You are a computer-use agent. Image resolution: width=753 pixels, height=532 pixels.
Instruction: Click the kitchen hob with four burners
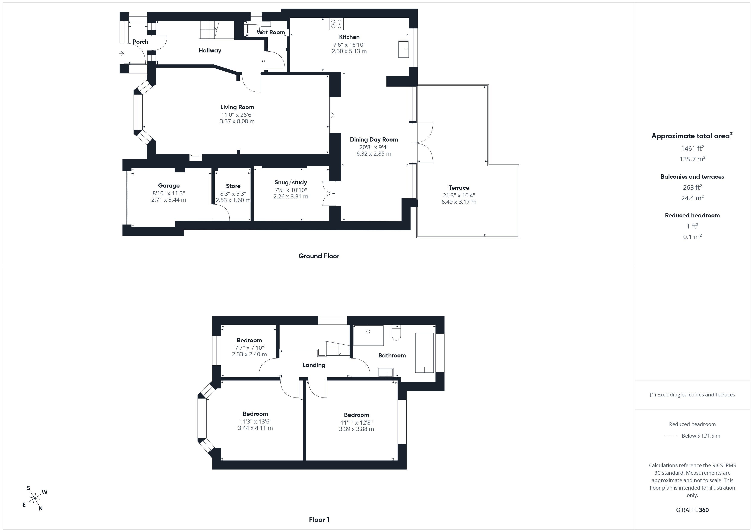pyautogui.click(x=336, y=24)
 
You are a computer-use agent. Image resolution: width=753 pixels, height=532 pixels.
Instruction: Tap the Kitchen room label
pyautogui.click(x=349, y=37)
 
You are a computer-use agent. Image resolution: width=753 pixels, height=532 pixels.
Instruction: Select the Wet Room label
pyautogui.click(x=271, y=32)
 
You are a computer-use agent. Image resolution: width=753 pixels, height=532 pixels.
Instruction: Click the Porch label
pyautogui.click(x=140, y=42)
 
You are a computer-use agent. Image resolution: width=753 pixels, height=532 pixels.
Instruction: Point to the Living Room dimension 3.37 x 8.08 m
pyautogui.click(x=237, y=121)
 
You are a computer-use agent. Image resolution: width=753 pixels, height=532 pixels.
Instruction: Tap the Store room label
pyautogui.click(x=233, y=186)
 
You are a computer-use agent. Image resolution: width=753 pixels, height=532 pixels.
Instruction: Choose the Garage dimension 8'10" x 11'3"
pyautogui.click(x=169, y=193)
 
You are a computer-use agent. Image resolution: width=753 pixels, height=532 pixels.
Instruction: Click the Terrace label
pyautogui.click(x=459, y=188)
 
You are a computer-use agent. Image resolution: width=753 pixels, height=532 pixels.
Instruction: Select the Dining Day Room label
pyautogui.click(x=374, y=140)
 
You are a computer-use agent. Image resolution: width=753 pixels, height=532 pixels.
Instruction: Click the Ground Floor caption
pyautogui.click(x=319, y=256)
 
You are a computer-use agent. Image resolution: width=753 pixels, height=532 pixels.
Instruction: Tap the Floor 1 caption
pyautogui.click(x=319, y=520)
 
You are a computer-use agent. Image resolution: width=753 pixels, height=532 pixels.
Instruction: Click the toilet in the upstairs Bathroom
pyautogui.click(x=396, y=332)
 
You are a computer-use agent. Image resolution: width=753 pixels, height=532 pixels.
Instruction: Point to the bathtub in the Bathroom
pyautogui.click(x=424, y=353)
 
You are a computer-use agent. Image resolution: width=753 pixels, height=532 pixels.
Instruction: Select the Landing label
pyautogui.click(x=314, y=365)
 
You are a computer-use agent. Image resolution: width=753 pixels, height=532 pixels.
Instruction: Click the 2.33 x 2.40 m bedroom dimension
pyautogui.click(x=249, y=354)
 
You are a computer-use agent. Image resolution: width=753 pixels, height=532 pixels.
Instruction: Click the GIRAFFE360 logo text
pyautogui.click(x=692, y=510)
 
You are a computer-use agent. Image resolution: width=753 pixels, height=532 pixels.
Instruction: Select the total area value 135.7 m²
pyautogui.click(x=692, y=159)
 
